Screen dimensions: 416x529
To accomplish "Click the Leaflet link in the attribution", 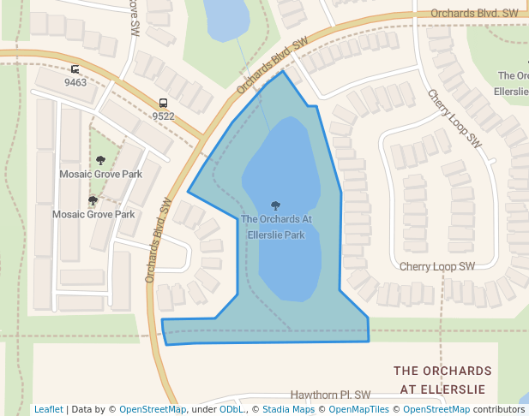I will pos(49,409).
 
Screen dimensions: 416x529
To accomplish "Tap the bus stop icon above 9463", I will pos(75,70).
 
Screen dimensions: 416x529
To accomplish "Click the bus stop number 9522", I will pos(163,116).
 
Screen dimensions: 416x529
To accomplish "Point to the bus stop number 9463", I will pos(75,83).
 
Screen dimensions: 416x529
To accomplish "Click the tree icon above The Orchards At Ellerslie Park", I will pos(275,205).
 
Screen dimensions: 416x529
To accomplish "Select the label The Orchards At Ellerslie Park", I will pos(276,227).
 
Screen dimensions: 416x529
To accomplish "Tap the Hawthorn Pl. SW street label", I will pos(330,395).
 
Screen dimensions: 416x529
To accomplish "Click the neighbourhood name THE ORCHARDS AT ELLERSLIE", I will pos(442,380).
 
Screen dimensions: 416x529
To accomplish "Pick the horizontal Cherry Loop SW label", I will pos(437,267).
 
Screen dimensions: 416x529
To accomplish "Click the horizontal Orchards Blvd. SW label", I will pos(475,14).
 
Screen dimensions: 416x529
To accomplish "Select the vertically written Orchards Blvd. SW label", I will pos(158,241).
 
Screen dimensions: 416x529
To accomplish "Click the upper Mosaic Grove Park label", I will pos(100,174).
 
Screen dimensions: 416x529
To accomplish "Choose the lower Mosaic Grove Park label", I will pos(93,214).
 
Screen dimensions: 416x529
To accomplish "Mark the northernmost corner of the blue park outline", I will pos(283,71).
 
